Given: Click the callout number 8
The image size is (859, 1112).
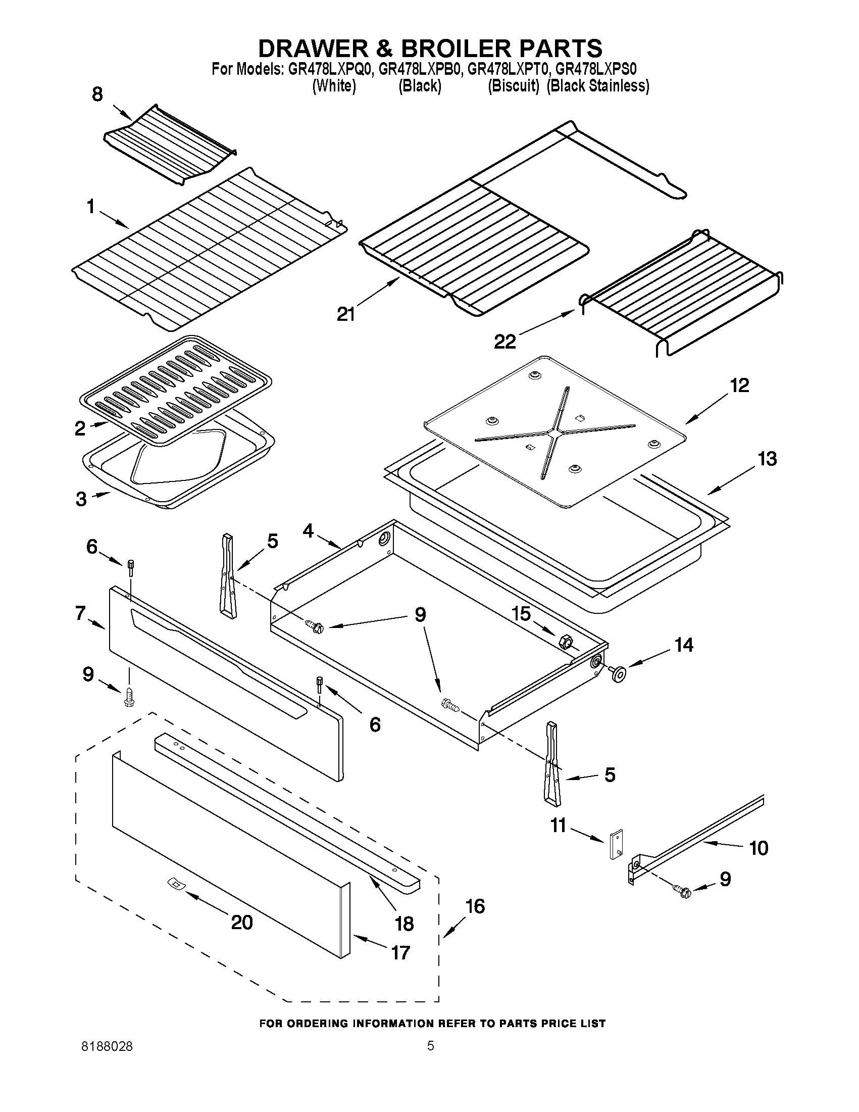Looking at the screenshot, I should (x=97, y=94).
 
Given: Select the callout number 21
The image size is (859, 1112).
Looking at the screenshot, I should (x=346, y=314).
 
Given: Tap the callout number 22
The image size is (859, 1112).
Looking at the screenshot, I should (x=505, y=342).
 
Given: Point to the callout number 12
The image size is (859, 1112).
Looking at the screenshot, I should (x=739, y=385).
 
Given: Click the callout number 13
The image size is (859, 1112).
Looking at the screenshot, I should (x=767, y=459).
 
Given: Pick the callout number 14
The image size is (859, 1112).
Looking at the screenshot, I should (x=683, y=645).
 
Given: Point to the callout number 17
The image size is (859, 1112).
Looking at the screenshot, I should (x=400, y=952).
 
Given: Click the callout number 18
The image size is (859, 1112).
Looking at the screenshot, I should (x=405, y=924).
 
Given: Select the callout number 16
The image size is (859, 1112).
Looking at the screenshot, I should (x=475, y=906).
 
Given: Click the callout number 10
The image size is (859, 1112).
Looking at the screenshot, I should (x=758, y=848).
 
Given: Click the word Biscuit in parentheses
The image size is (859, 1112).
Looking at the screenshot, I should (x=514, y=86).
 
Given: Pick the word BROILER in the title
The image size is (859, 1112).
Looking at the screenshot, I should (x=459, y=49).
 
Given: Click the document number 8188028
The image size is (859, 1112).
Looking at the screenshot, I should (x=108, y=1047).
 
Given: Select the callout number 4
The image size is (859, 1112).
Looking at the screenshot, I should (x=309, y=530).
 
